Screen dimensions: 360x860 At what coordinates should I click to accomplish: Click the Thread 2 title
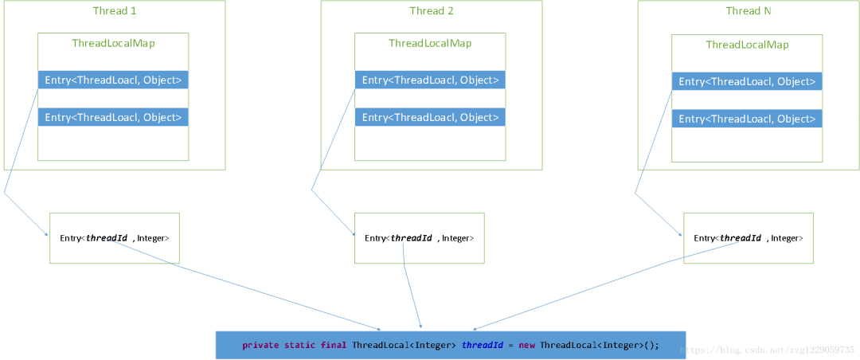(431, 10)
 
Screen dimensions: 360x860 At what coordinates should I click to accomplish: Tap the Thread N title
(748, 10)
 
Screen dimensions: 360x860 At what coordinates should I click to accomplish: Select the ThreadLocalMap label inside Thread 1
(113, 43)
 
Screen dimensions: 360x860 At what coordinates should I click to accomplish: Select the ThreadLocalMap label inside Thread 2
(430, 43)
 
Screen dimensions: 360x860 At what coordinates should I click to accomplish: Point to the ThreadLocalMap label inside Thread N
(747, 45)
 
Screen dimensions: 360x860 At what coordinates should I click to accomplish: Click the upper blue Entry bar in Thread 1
(113, 80)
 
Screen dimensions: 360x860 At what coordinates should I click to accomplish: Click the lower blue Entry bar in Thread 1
(113, 117)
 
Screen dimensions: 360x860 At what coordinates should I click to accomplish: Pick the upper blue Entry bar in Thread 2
(430, 80)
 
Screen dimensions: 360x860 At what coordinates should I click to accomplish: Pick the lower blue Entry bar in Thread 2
(430, 117)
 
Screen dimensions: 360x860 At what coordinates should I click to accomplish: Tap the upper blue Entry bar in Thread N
(747, 81)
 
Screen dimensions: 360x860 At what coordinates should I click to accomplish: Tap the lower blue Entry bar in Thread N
(747, 119)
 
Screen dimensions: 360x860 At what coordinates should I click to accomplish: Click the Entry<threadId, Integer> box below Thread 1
(115, 237)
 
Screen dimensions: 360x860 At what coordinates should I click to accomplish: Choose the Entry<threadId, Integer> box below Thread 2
(419, 237)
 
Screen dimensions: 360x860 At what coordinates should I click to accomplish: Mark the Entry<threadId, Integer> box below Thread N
(749, 237)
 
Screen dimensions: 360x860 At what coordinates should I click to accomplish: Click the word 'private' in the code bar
(260, 345)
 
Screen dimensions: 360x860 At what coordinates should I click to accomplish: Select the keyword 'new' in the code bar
(526, 345)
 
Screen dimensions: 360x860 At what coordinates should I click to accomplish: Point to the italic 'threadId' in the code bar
(482, 345)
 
